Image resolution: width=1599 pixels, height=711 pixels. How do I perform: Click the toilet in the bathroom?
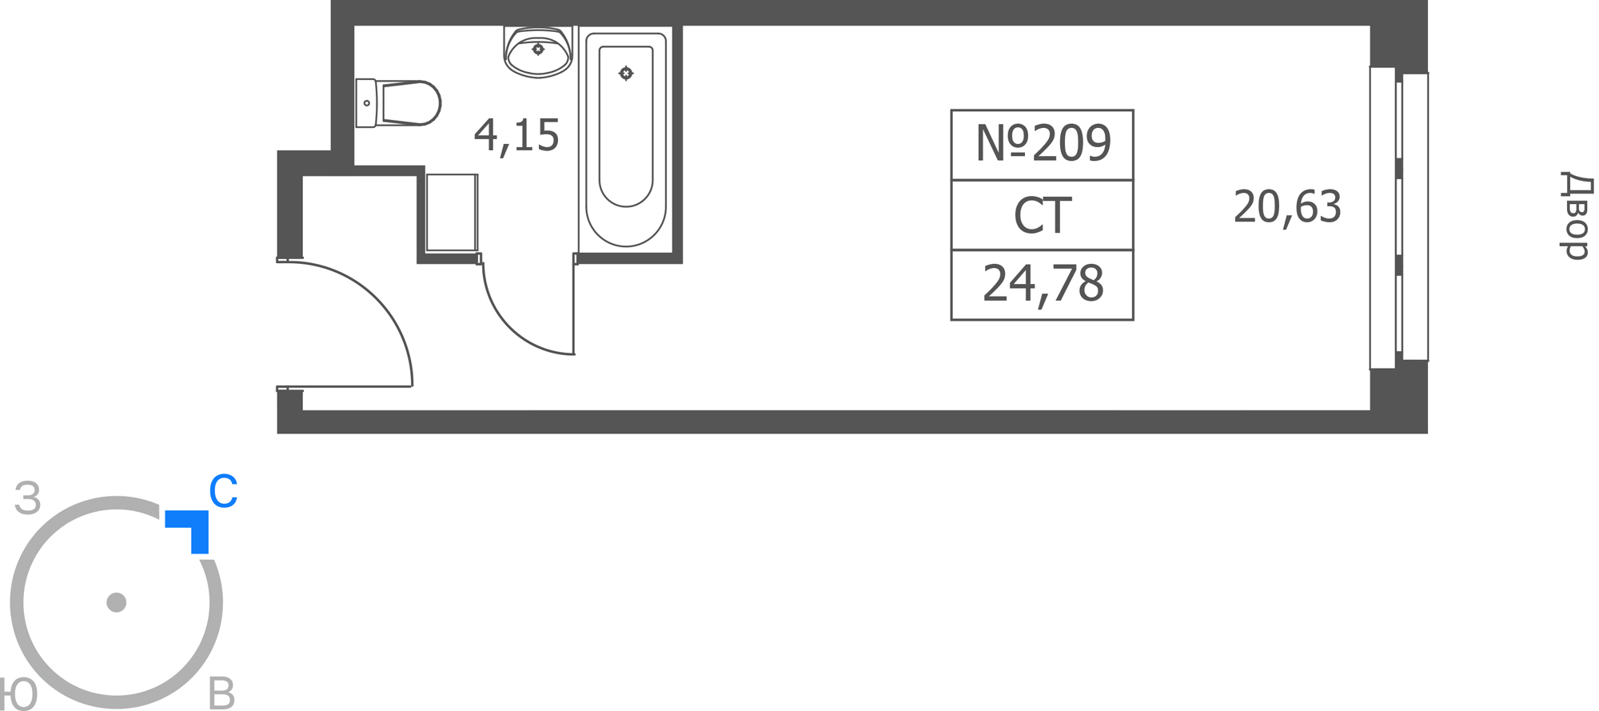[x=398, y=103]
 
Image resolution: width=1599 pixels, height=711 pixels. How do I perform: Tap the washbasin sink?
[x=538, y=52]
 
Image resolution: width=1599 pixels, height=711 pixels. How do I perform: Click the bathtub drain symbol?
[x=626, y=74]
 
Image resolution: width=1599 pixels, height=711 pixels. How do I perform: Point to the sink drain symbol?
[x=538, y=50]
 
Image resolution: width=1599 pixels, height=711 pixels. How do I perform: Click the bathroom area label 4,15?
[x=516, y=136]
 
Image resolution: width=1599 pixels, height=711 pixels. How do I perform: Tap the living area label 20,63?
[x=1287, y=207]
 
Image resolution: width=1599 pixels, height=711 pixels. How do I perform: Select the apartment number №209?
[x=1043, y=144]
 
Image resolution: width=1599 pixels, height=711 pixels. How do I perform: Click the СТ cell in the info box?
[x=1043, y=215]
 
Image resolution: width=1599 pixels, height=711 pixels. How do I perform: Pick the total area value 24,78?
[x=1043, y=285]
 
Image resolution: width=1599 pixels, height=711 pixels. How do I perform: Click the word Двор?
[x=1577, y=215]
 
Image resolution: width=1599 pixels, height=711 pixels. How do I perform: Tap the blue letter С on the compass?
[x=223, y=491]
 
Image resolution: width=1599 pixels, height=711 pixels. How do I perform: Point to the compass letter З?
[x=28, y=498]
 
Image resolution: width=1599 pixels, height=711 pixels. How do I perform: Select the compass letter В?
[x=221, y=693]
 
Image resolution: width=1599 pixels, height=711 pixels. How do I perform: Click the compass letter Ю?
[x=18, y=694]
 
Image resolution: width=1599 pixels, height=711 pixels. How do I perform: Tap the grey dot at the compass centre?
[x=117, y=602]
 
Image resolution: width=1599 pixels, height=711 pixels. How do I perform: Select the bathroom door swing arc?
[x=509, y=327]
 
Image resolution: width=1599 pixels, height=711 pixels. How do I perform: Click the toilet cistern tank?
[x=366, y=103]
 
